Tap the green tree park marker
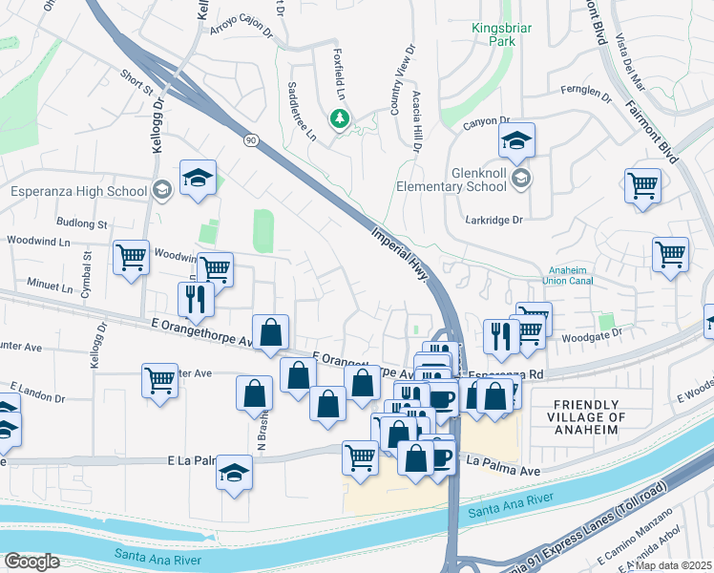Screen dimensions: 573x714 [x=338, y=119]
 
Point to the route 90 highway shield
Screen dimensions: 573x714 [x=250, y=140]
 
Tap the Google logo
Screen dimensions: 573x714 [x=31, y=562]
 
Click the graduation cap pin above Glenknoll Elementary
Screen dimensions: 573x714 [x=516, y=140]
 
